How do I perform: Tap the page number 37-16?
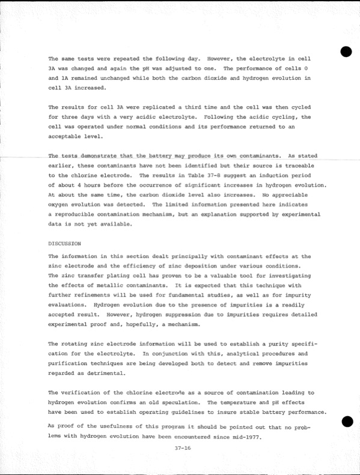[180, 447]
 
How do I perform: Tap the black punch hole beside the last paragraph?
[345, 422]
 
